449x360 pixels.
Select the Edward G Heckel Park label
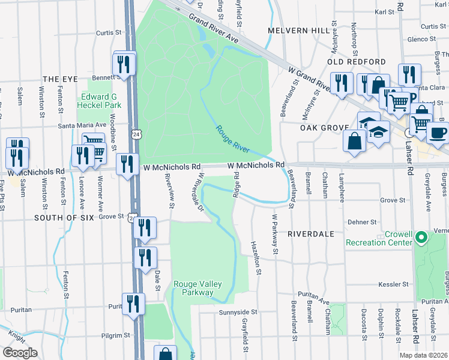100,101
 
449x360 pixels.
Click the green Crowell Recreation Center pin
421,238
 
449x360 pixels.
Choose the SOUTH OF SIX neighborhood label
64,218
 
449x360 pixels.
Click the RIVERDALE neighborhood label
310,233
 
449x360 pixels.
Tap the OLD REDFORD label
357,62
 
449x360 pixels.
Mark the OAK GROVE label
324,128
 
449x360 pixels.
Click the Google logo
19,353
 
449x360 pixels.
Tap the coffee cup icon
438,133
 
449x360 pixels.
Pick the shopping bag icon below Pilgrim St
165,355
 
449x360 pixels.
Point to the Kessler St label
393,284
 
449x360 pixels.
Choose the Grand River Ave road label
214,29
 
